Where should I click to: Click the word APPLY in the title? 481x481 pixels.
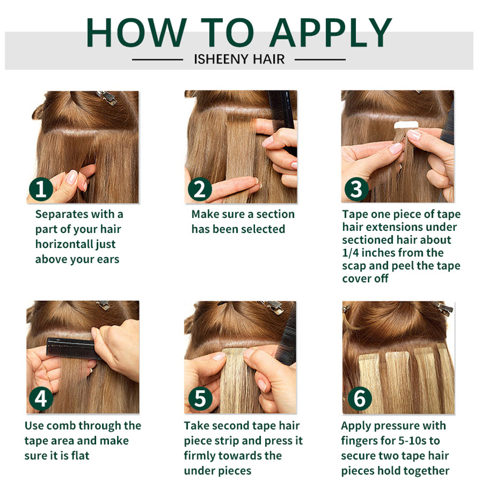pyautogui.click(x=331, y=33)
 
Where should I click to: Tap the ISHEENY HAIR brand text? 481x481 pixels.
pyautogui.click(x=239, y=59)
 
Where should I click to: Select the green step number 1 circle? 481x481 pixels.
pyautogui.click(x=41, y=189)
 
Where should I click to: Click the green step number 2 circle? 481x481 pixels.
pyautogui.click(x=200, y=189)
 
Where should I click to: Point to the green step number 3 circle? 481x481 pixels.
pyautogui.click(x=356, y=189)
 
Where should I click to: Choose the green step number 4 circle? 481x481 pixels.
pyautogui.click(x=41, y=399)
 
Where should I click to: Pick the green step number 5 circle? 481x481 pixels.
pyautogui.click(x=200, y=399)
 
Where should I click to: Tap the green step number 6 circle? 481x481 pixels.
pyautogui.click(x=360, y=399)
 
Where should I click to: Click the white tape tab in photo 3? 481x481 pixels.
pyautogui.click(x=406, y=125)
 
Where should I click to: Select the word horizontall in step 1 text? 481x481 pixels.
pyautogui.click(x=64, y=244)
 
